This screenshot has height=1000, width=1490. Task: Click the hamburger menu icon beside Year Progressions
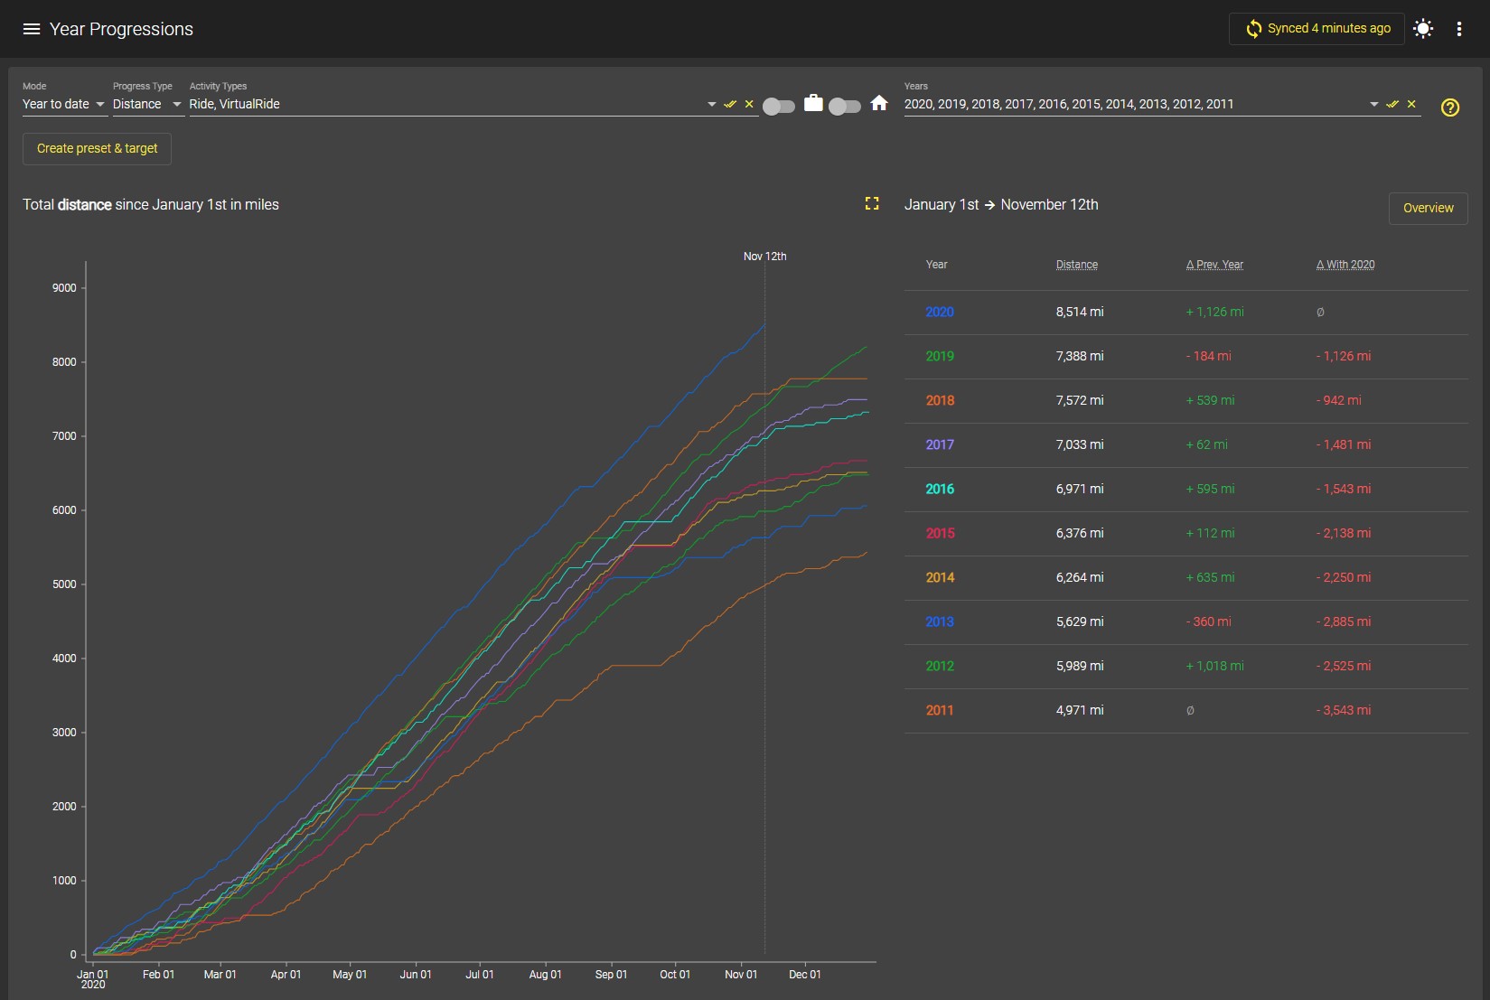pos(32,29)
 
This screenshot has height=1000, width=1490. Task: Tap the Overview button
pos(1428,208)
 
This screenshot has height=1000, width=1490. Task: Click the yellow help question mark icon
pos(1449,107)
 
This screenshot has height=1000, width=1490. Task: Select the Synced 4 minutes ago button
pos(1317,29)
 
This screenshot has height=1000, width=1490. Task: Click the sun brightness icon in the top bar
pos(1423,29)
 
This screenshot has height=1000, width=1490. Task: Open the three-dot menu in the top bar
pos(1458,29)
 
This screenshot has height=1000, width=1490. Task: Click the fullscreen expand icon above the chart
pos(871,203)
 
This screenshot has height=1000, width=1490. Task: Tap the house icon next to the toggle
pos(878,103)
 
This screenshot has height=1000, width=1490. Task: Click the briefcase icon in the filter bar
pos(813,103)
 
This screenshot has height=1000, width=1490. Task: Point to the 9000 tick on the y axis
pos(64,288)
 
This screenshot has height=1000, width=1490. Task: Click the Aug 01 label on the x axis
pos(545,974)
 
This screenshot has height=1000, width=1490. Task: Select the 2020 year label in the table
pos(939,312)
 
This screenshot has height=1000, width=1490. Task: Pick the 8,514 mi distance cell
pos(1080,312)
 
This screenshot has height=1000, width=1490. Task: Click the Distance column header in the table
pos(1076,265)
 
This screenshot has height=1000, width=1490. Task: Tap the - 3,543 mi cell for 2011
pos(1343,710)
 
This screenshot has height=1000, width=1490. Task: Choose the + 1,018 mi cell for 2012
pos(1214,667)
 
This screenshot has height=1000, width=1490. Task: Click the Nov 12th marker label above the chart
pos(764,257)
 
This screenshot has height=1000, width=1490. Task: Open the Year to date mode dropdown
pos(64,105)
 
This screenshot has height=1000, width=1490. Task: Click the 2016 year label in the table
pos(939,489)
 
